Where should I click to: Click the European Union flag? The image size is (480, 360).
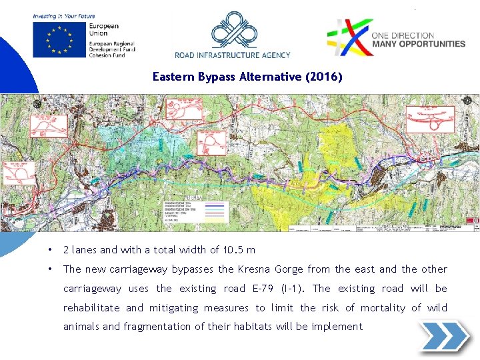tap(58, 39)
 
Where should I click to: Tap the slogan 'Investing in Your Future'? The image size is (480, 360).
tap(64, 15)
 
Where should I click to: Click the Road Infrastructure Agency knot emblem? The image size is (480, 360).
tap(232, 30)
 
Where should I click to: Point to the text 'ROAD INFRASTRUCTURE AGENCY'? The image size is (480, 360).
tap(233, 55)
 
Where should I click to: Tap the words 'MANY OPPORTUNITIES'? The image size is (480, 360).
tap(418, 44)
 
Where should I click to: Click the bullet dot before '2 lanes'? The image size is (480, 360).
tap(50, 250)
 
